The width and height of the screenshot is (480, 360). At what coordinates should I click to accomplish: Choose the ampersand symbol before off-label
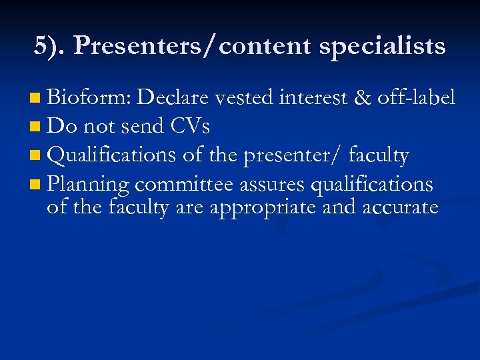(362, 99)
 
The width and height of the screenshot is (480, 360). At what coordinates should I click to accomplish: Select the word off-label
(417, 99)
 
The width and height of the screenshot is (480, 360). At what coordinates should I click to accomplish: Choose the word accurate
(399, 207)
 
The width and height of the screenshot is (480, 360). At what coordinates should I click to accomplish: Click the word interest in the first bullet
(313, 99)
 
